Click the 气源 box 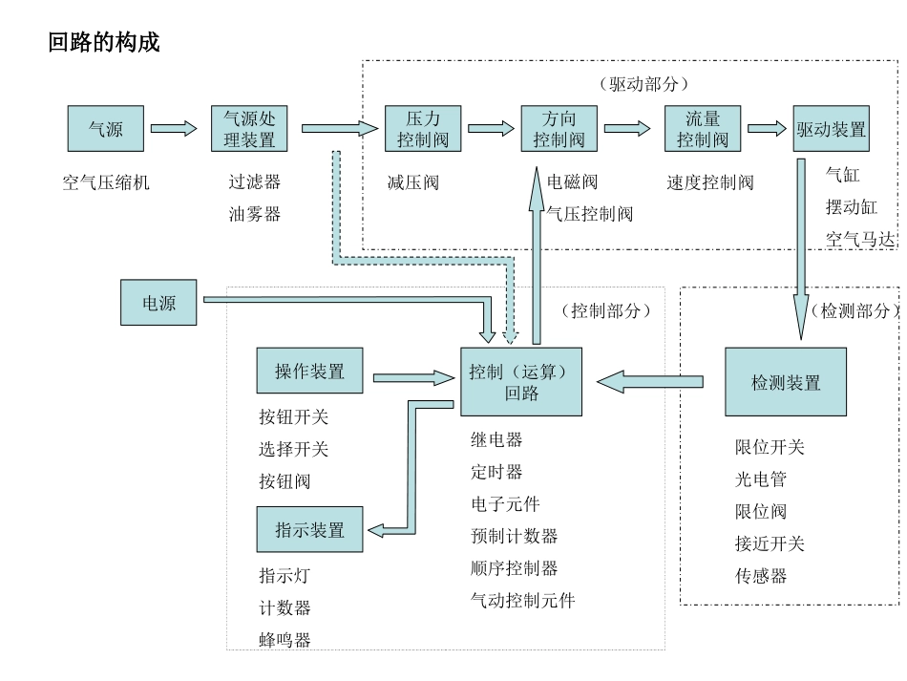[x=105, y=129]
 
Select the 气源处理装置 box [x=248, y=129]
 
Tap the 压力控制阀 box [x=423, y=129]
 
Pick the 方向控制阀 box [x=559, y=129]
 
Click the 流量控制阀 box [x=703, y=129]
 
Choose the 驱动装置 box [x=831, y=129]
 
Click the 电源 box [x=158, y=302]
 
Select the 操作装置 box [x=309, y=372]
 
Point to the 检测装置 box [x=786, y=382]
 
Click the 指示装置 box [x=309, y=529]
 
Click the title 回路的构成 [x=104, y=42]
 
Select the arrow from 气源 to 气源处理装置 [x=174, y=129]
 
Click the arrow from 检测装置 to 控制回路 [x=650, y=382]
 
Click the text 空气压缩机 [x=106, y=182]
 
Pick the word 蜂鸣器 [x=285, y=639]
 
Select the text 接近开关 [x=770, y=543]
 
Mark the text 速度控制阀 [x=709, y=182]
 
